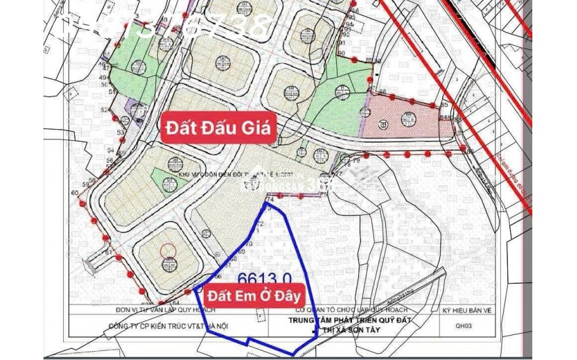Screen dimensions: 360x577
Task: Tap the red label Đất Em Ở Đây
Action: pyautogui.click(x=254, y=296)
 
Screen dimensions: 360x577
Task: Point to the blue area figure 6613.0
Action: pyautogui.click(x=265, y=279)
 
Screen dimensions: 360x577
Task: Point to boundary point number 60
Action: pyautogui.click(x=75, y=192)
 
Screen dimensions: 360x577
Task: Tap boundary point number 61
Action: pyautogui.click(x=109, y=253)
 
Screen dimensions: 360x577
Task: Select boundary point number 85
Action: pyautogui.click(x=383, y=92)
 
